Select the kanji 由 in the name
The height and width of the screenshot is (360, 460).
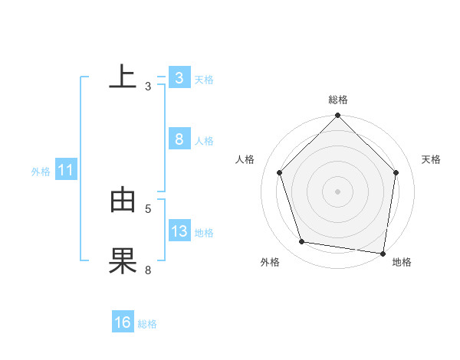tap(123, 200)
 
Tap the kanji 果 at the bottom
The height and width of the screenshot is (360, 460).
tap(123, 261)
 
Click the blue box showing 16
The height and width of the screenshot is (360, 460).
tap(123, 322)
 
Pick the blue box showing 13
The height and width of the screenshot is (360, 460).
tap(179, 231)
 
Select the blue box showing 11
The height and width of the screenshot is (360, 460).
tap(65, 170)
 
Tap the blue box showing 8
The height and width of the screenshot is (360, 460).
tap(179, 139)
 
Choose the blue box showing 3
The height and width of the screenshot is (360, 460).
tap(179, 77)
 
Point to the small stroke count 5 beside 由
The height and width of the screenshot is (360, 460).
tap(148, 208)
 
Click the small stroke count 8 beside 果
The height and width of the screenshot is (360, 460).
tap(148, 270)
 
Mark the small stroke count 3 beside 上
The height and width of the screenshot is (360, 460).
tap(148, 86)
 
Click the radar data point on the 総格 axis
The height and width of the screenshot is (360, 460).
tap(337, 116)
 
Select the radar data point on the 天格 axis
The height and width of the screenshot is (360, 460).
tap(396, 172)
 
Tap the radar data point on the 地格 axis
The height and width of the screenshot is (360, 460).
tap(383, 252)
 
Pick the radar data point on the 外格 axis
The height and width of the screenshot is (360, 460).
tap(302, 242)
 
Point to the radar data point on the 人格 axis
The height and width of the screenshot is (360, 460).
tap(280, 172)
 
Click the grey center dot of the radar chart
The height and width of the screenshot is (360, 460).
tap(337, 191)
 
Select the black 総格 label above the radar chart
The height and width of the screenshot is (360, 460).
tap(337, 100)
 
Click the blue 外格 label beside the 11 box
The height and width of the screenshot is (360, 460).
tap(41, 172)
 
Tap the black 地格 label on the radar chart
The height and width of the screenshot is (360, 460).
tap(402, 263)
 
